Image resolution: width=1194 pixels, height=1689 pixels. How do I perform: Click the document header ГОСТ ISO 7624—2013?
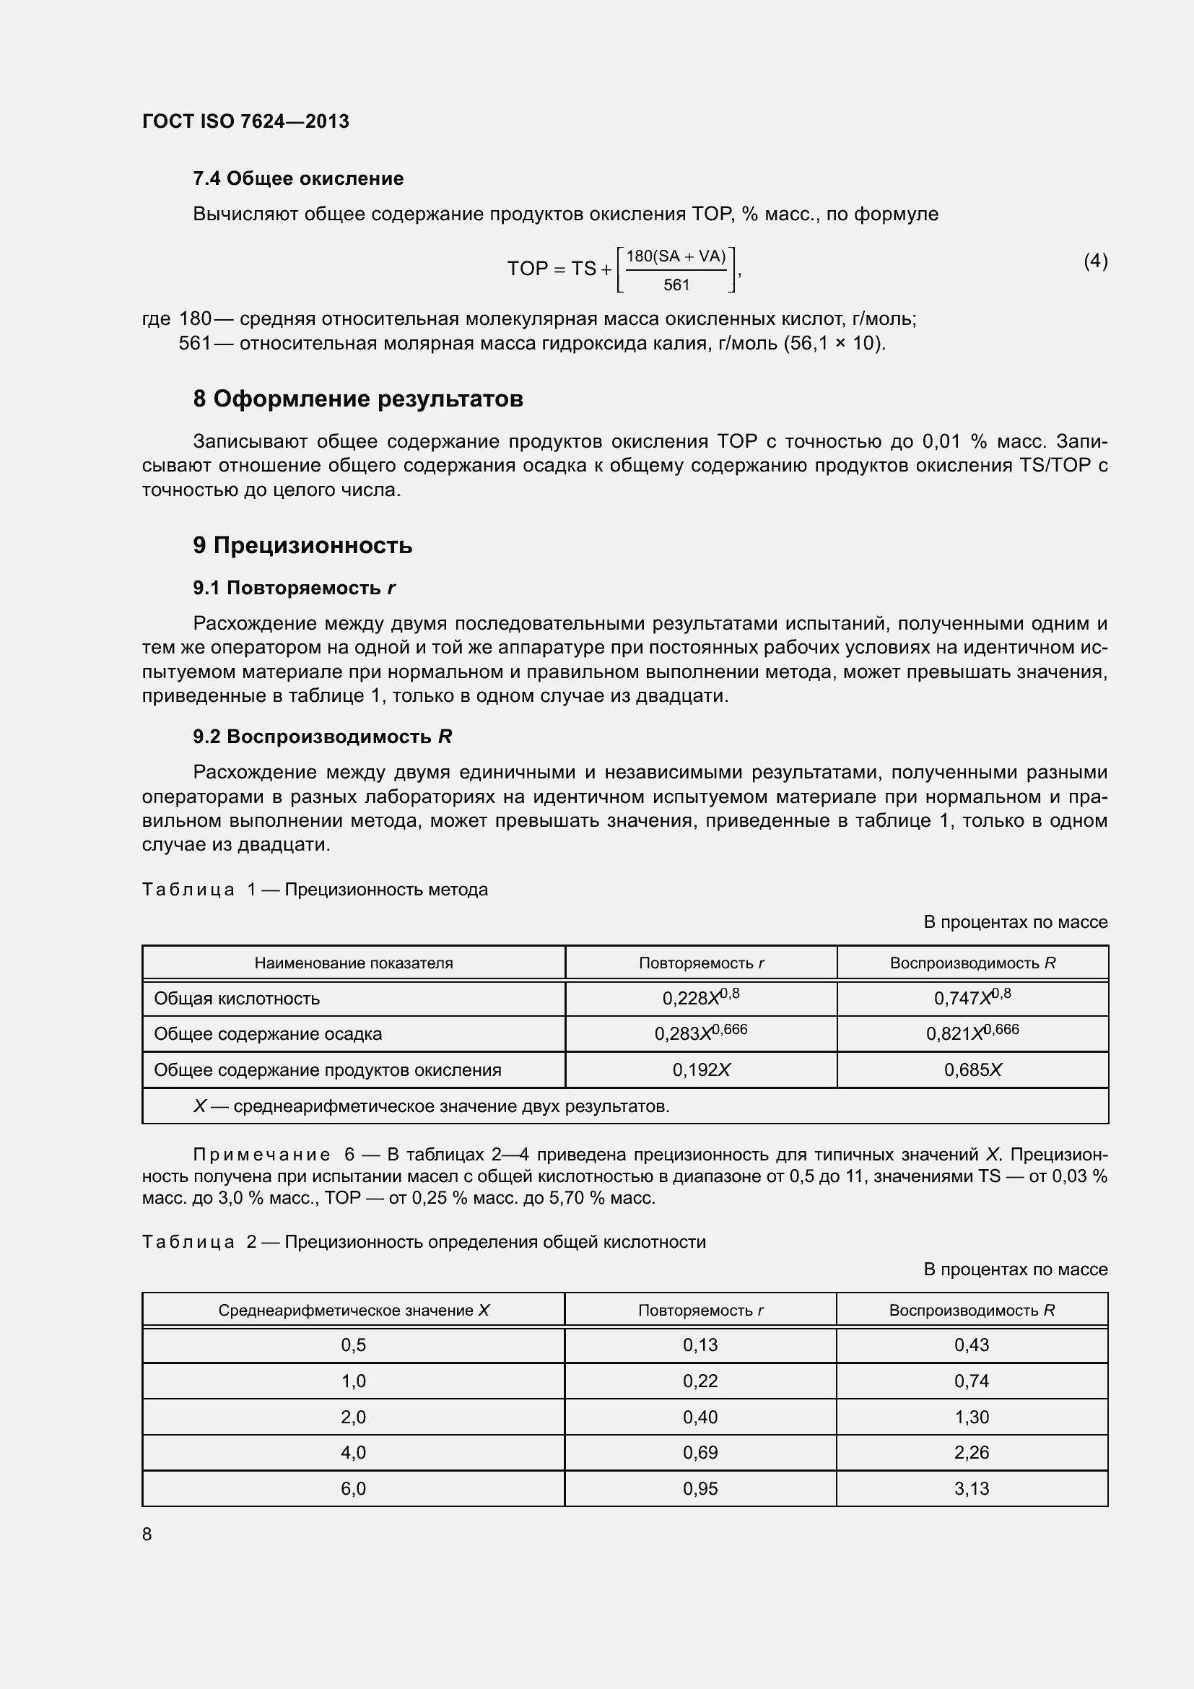click(x=245, y=121)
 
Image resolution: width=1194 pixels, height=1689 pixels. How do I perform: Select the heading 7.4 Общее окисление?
click(x=297, y=179)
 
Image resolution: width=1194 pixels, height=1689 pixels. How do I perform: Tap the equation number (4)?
click(x=1096, y=261)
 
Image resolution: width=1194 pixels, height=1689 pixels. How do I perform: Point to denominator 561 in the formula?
click(x=676, y=285)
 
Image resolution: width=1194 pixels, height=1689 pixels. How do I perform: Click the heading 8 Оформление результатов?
click(x=358, y=399)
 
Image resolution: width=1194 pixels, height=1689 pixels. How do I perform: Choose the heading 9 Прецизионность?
click(x=302, y=545)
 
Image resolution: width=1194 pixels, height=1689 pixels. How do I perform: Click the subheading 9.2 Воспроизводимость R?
click(x=322, y=737)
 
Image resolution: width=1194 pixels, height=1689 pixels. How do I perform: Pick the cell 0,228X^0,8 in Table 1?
click(x=701, y=997)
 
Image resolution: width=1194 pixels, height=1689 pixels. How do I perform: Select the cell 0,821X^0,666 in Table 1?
click(x=972, y=1033)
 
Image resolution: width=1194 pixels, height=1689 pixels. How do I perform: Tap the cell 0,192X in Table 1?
click(x=701, y=1069)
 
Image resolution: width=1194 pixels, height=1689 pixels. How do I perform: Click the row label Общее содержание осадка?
click(x=268, y=1033)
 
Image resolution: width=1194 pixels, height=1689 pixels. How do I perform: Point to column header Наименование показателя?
click(x=354, y=963)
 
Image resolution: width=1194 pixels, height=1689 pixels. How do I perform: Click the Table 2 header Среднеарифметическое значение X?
click(x=354, y=1310)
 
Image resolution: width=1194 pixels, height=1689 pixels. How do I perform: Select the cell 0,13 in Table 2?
click(x=700, y=1345)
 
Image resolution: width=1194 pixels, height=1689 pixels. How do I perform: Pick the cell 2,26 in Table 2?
click(x=971, y=1453)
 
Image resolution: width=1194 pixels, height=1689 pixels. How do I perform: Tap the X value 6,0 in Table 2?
click(x=353, y=1489)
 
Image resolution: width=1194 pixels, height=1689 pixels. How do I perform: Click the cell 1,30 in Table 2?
click(x=971, y=1417)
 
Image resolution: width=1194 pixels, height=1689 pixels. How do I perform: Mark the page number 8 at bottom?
click(x=147, y=1534)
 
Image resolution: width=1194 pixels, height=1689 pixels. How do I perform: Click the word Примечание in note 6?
click(x=262, y=1155)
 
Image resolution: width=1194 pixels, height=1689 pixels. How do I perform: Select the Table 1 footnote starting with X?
click(x=431, y=1106)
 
